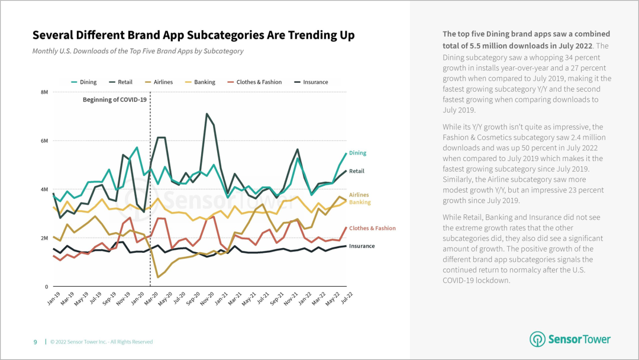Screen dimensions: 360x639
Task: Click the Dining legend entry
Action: pyautogui.click(x=88, y=82)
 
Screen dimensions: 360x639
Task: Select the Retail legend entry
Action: pyautogui.click(x=124, y=82)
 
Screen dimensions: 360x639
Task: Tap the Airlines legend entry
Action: pyautogui.click(x=163, y=82)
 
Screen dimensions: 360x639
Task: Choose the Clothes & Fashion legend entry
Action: pyautogui.click(x=259, y=82)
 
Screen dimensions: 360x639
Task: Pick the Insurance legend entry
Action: pyautogui.click(x=315, y=82)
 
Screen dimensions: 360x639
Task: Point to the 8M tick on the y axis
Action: pyautogui.click(x=44, y=92)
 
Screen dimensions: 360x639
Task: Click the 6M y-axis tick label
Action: pyautogui.click(x=44, y=141)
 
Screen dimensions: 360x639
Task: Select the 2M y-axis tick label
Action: pyautogui.click(x=44, y=238)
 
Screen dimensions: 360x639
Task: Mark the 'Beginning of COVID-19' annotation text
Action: pyautogui.click(x=114, y=99)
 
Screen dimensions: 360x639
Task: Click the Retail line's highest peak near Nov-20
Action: pyautogui.click(x=206, y=114)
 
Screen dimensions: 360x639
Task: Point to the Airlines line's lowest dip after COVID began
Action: pyautogui.click(x=158, y=277)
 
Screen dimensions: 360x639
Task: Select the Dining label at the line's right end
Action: pyautogui.click(x=357, y=153)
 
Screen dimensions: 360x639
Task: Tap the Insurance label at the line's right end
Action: pyautogui.click(x=362, y=246)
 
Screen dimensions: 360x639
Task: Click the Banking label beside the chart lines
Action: pyautogui.click(x=360, y=202)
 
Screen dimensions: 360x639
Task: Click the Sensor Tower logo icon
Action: pyautogui.click(x=537, y=339)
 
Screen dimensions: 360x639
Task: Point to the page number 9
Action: pyautogui.click(x=35, y=342)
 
